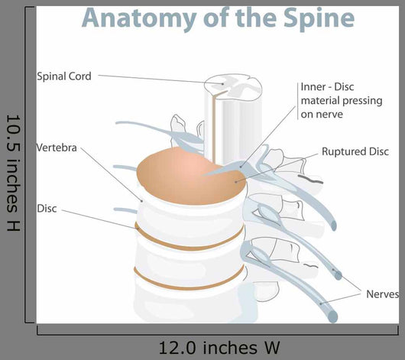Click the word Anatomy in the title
click(139, 18)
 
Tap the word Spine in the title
click(319, 18)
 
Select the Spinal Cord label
click(64, 76)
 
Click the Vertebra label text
click(57, 148)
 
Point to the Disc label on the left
click(47, 209)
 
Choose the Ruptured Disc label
click(355, 151)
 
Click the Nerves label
click(383, 294)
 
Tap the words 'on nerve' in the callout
click(322, 114)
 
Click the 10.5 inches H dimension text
click(14, 173)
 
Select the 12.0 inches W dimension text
click(219, 348)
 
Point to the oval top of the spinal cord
click(233, 87)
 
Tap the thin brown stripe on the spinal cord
click(214, 127)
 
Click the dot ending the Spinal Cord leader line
click(222, 84)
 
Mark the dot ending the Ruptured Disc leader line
click(236, 182)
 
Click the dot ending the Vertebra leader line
click(141, 200)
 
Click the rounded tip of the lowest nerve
click(332, 316)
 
